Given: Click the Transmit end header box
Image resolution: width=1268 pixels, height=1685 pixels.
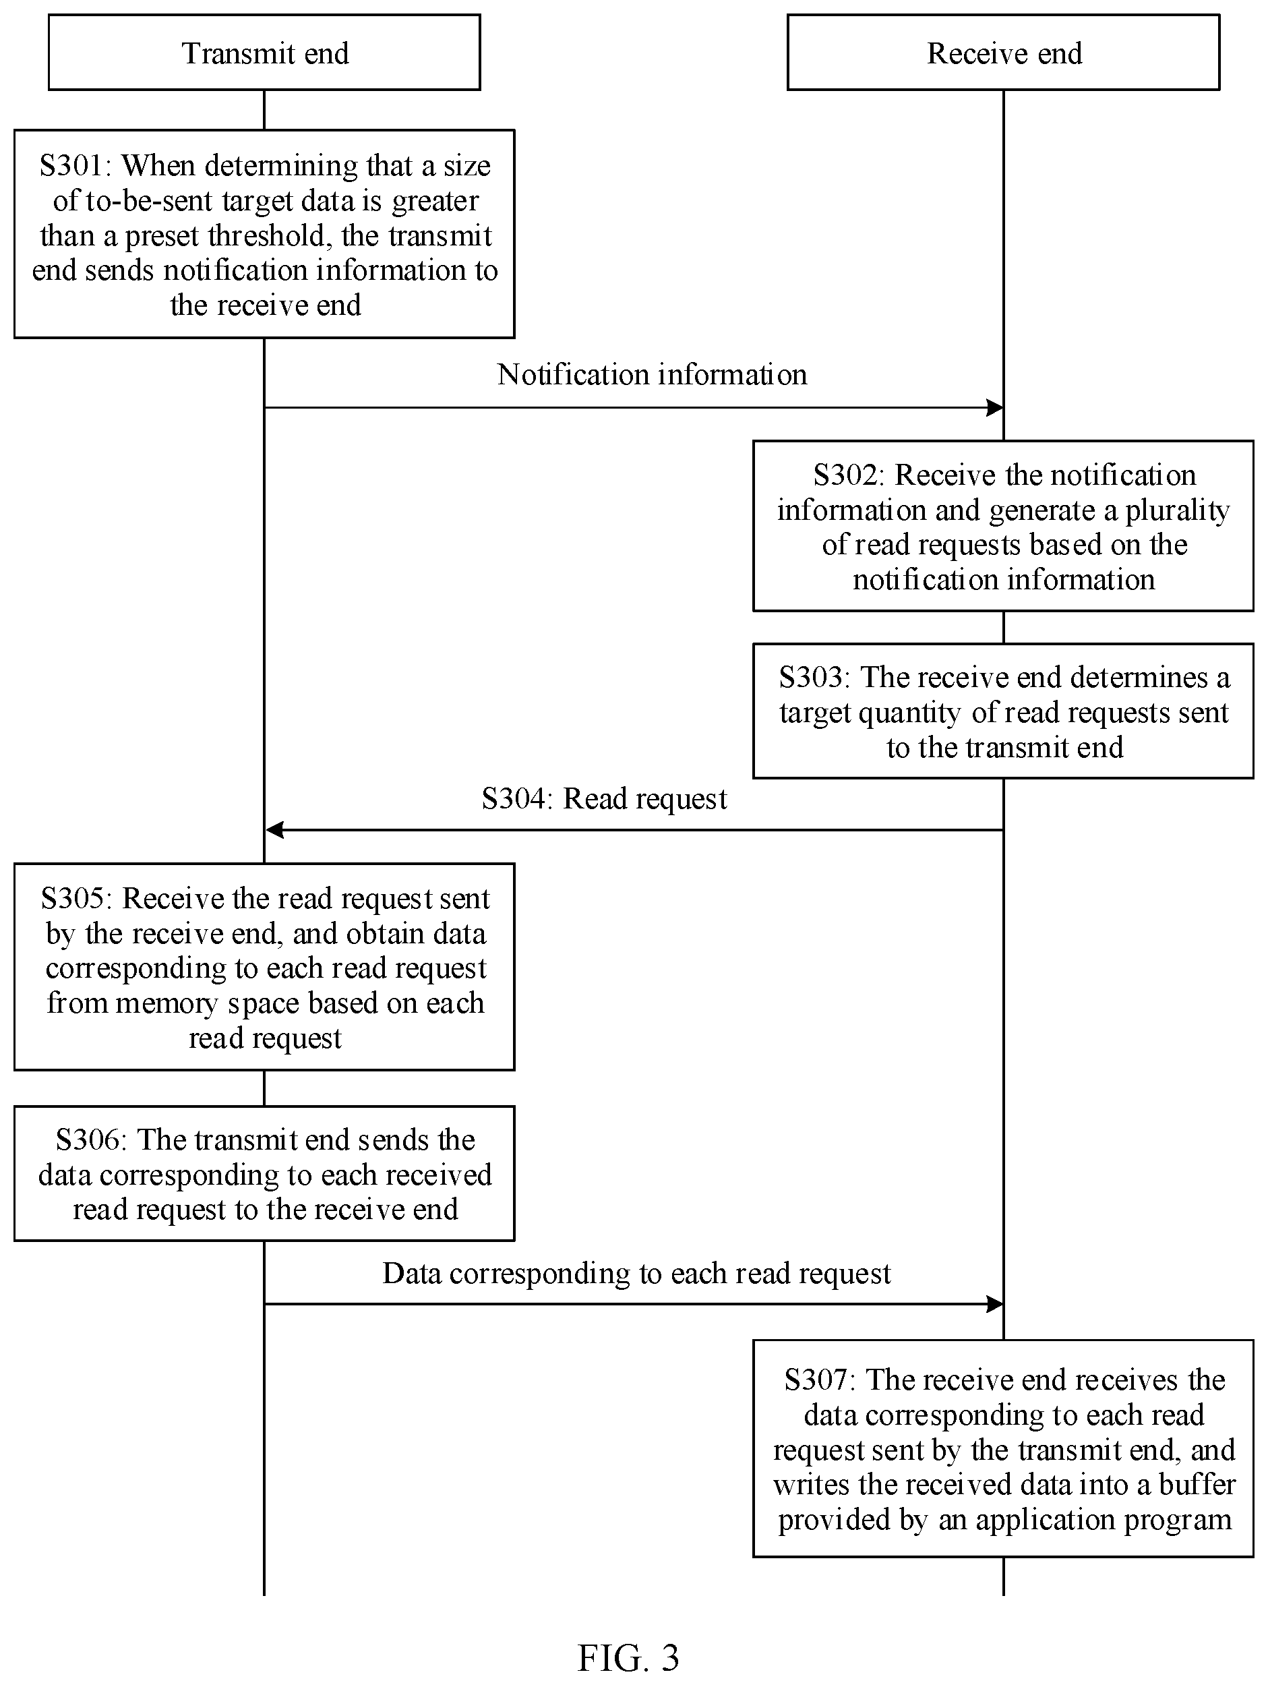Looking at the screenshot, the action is [x=264, y=53].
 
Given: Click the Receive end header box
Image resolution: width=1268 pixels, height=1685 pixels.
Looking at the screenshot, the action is [x=1003, y=53].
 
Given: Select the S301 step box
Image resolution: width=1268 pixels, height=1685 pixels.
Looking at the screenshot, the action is [x=264, y=234].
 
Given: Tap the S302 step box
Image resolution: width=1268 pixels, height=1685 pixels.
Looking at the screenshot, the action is [x=1003, y=526].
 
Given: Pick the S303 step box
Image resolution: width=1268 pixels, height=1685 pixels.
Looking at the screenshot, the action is [x=1003, y=711].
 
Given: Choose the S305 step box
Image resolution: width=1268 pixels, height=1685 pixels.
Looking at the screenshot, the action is [x=264, y=967].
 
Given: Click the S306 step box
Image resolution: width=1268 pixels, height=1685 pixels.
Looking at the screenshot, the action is [x=264, y=1173].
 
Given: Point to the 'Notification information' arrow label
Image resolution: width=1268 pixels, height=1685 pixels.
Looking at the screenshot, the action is [x=652, y=374].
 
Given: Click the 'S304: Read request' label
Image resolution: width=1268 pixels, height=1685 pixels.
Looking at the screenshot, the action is [x=604, y=798].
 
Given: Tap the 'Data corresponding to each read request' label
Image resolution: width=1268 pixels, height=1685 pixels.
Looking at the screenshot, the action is [x=636, y=1273].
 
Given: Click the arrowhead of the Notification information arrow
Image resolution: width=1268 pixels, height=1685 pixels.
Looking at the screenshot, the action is [x=996, y=407].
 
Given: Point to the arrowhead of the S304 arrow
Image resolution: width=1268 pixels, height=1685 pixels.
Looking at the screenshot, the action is [x=274, y=829].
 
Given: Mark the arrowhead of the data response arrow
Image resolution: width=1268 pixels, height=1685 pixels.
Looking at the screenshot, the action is [x=996, y=1304].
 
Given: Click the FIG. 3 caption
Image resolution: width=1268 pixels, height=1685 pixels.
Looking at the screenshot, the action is [x=628, y=1657].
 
